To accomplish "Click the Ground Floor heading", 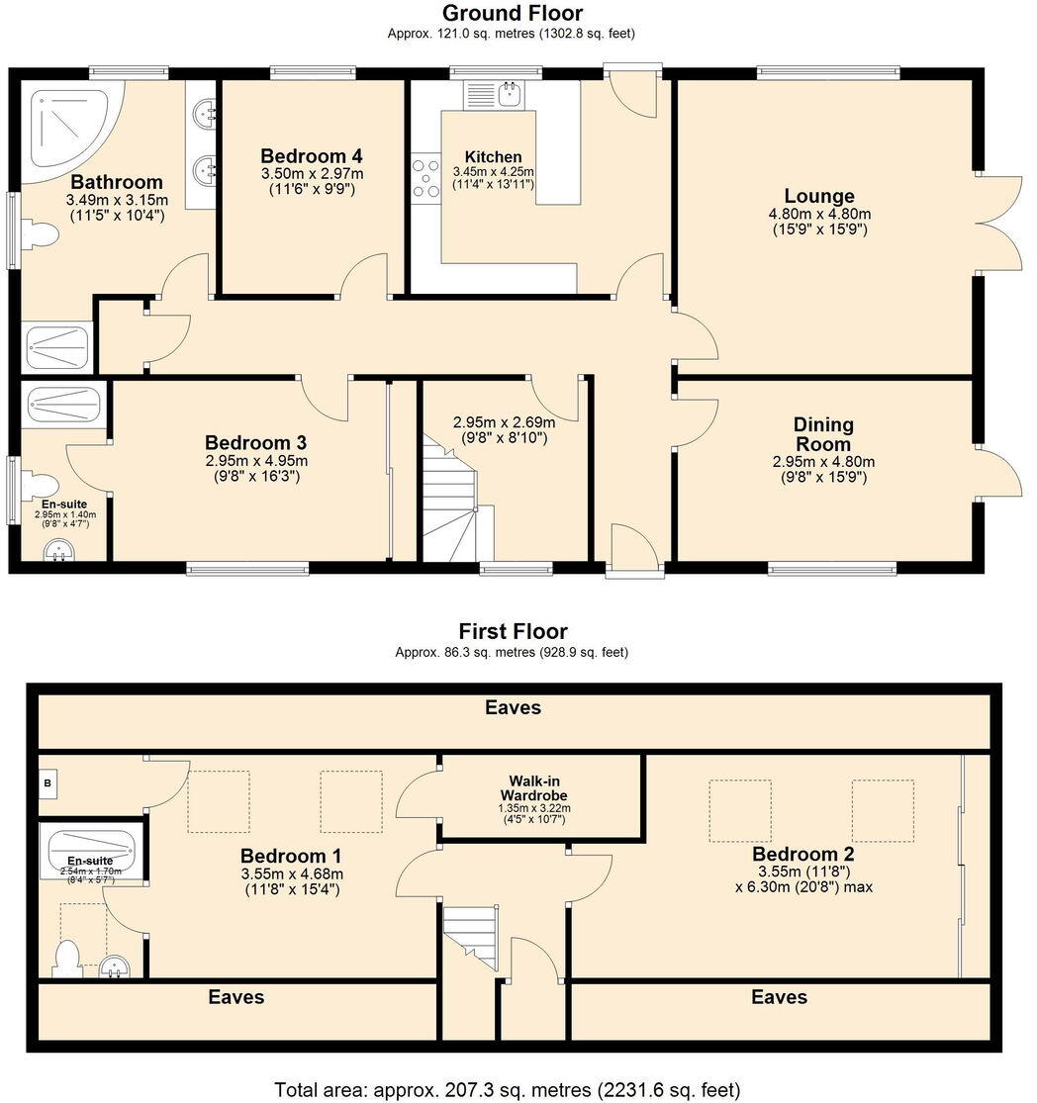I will tap(512, 13).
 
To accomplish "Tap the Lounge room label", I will tap(818, 196).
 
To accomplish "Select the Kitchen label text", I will tap(493, 157).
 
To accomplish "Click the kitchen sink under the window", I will tap(511, 95).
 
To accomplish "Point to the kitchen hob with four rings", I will tap(426, 179).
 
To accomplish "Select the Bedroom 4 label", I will tap(311, 156).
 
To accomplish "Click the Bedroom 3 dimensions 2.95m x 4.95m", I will tap(256, 460).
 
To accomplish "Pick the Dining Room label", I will tap(823, 434).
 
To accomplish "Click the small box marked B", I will tap(47, 782).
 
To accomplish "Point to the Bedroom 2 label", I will tap(802, 854).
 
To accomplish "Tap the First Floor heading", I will tap(512, 631).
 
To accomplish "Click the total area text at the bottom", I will tap(507, 1089).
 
